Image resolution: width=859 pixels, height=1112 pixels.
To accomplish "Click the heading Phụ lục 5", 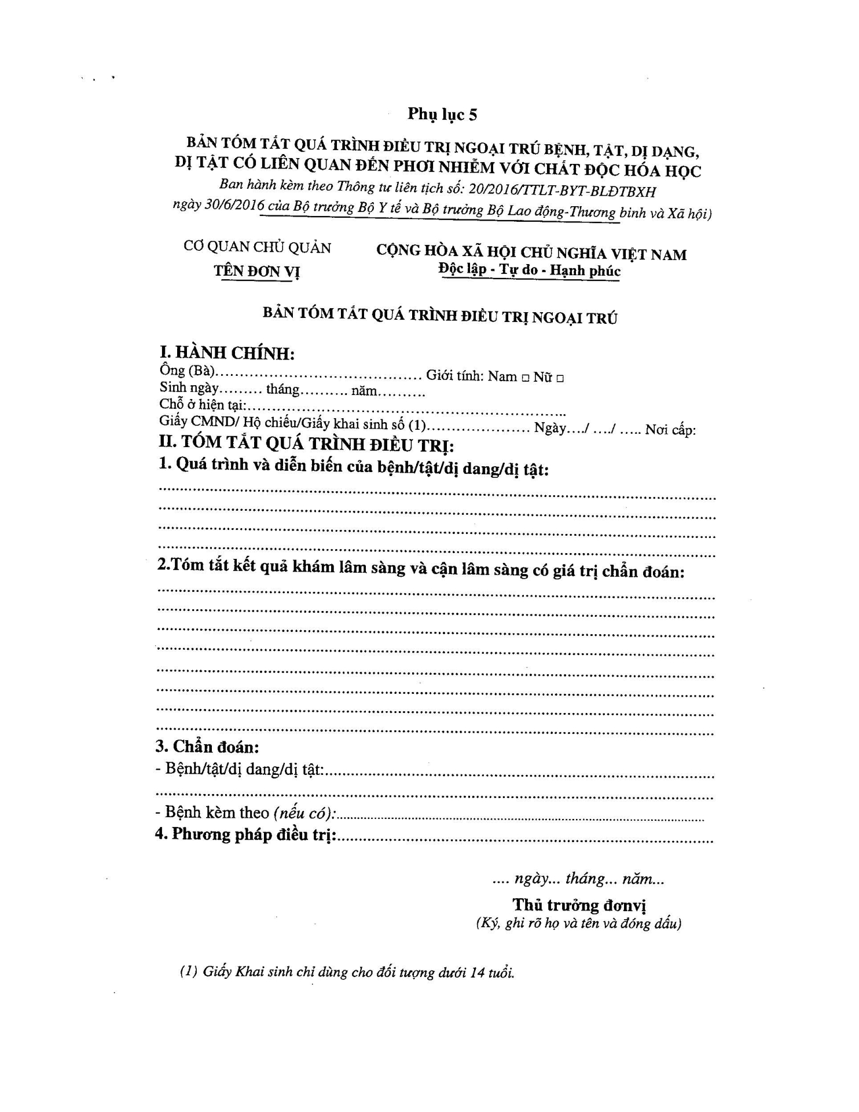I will coord(442,114).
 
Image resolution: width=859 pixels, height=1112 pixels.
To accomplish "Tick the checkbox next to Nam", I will coord(524,378).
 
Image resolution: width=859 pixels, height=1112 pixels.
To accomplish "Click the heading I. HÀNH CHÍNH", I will coord(227,353).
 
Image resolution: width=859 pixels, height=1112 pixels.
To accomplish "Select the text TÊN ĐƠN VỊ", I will coord(256,271).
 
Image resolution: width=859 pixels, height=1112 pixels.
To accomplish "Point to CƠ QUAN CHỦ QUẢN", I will coord(257,247).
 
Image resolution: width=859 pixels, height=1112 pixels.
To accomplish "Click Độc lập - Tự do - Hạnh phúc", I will coord(529,270).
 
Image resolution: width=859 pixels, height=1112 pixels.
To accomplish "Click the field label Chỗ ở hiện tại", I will coord(203,405).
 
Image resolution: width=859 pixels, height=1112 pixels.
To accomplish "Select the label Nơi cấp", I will coord(670,430).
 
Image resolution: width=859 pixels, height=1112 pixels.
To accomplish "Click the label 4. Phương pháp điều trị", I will coord(246,835).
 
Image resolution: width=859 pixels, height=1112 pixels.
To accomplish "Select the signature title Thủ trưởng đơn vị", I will coord(579,905).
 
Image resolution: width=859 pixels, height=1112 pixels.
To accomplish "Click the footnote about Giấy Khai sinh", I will coord(347,972).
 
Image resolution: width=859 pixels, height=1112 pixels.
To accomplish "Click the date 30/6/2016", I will coord(234,206).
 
